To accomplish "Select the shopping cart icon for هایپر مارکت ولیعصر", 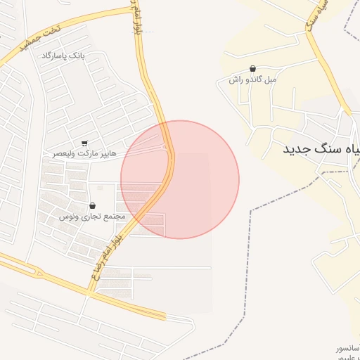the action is [x=85, y=143].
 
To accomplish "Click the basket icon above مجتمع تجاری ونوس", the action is [x=93, y=205].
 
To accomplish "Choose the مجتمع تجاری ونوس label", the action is [x=92, y=216].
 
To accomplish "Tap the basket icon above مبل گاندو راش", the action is [x=252, y=69].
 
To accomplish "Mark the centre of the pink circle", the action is [x=180, y=180].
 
